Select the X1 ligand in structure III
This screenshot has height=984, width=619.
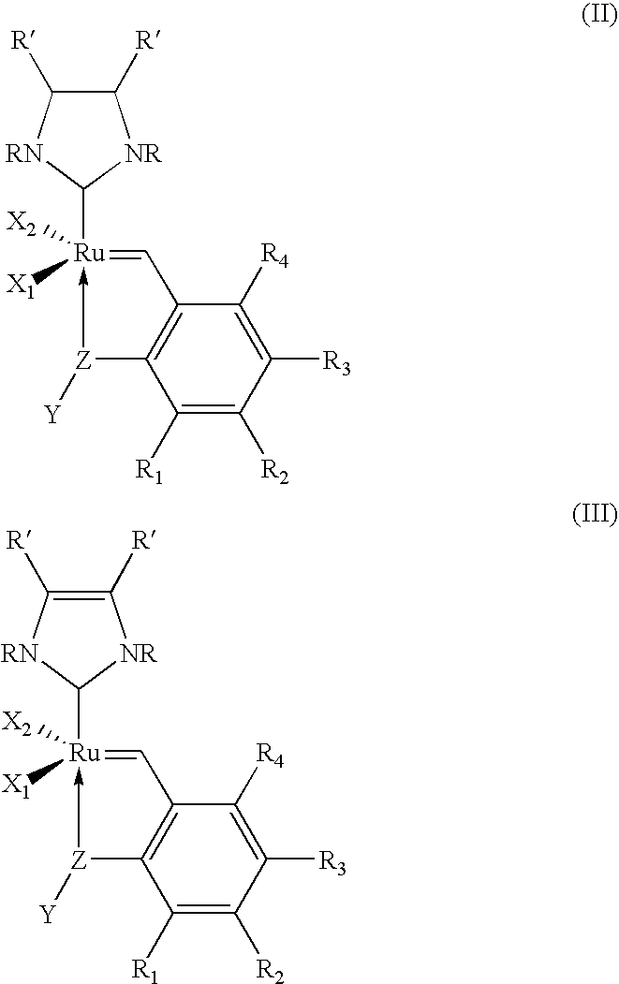tap(20, 783)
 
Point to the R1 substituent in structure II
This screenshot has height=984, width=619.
tap(150, 470)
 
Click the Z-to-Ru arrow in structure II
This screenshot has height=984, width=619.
tap(83, 310)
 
